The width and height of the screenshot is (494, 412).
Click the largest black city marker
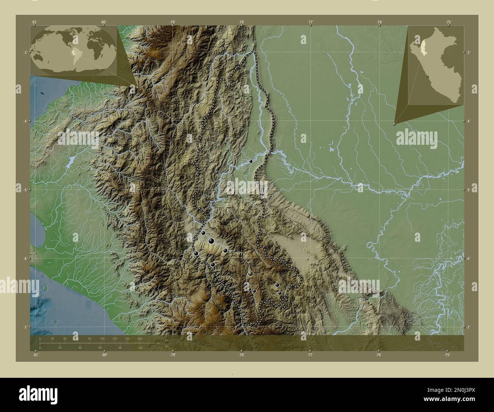211,241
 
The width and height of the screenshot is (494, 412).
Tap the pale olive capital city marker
250,273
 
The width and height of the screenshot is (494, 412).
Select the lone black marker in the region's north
251,162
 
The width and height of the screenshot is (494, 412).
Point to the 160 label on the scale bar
139,338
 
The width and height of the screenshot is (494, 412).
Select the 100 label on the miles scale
140,347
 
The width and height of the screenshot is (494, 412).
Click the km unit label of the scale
166,340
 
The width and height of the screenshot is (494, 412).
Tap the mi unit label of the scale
166,346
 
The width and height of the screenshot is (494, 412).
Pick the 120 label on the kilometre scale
114,338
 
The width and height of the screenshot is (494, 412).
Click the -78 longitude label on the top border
241,22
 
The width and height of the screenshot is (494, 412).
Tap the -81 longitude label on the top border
35,22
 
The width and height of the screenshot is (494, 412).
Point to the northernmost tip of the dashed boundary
254,51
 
